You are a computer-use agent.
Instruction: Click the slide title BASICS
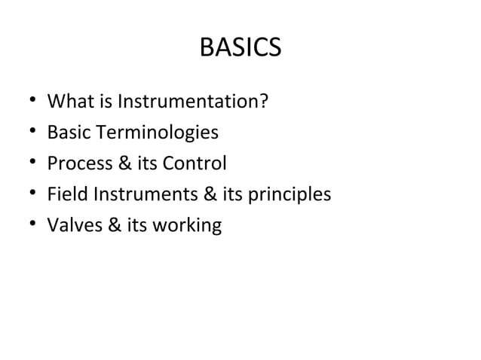[240, 48]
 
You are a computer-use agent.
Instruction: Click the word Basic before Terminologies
[69, 133]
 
